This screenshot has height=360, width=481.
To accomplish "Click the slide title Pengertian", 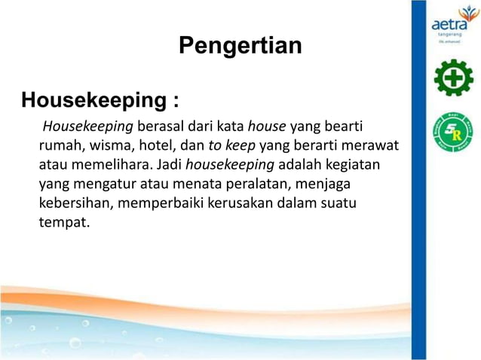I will [x=240, y=46].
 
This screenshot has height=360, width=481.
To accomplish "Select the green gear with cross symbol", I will [x=453, y=78].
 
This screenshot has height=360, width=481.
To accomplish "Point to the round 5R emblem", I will [x=453, y=133].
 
